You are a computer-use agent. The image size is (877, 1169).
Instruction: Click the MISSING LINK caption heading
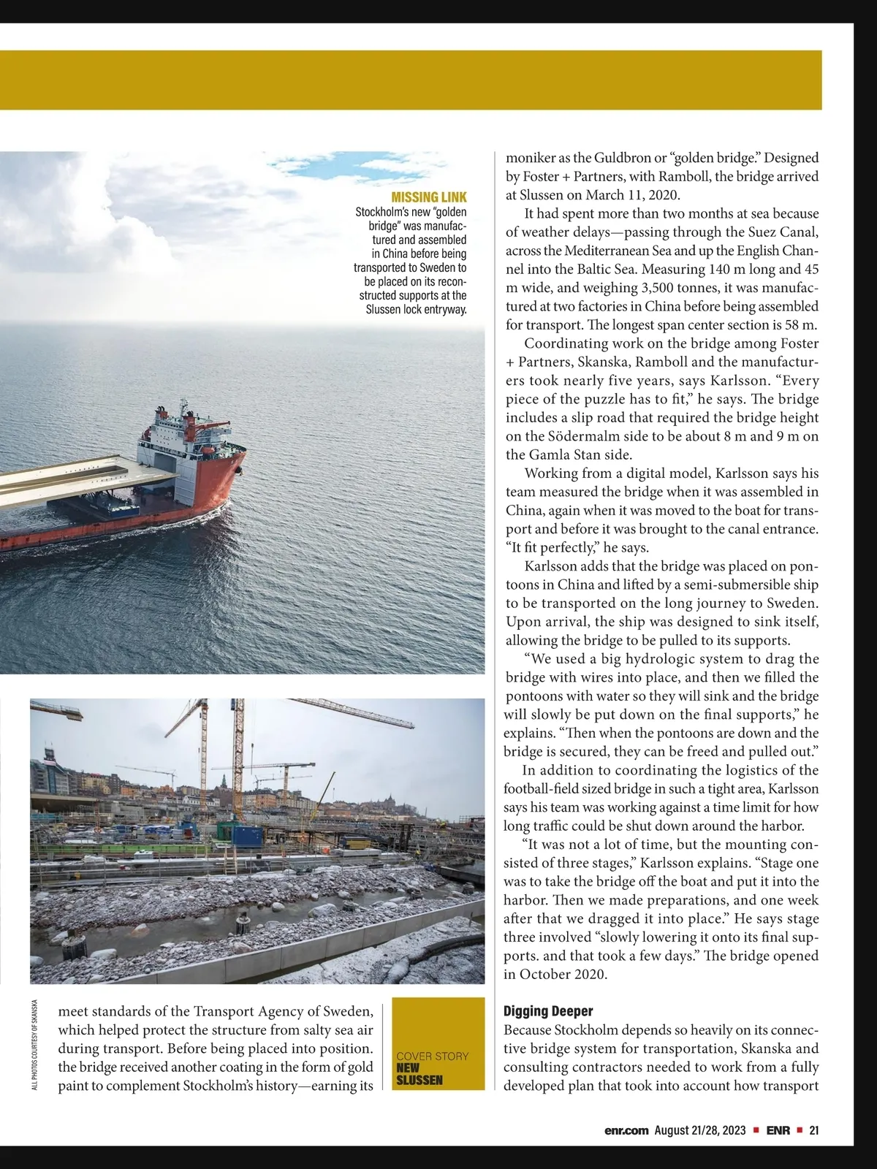pyautogui.click(x=429, y=197)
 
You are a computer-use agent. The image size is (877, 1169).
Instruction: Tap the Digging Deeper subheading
pyautogui.click(x=548, y=1011)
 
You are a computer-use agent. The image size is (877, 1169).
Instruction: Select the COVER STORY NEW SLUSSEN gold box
pyautogui.click(x=438, y=1043)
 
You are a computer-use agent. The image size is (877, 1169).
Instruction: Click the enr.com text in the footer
pyautogui.click(x=626, y=1130)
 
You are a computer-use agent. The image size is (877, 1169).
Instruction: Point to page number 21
pyautogui.click(x=813, y=1130)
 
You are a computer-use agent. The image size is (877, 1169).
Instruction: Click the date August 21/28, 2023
pyautogui.click(x=700, y=1130)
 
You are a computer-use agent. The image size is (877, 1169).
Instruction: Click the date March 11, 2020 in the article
pyautogui.click(x=634, y=195)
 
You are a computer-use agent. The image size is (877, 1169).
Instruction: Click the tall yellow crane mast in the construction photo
pyautogui.click(x=238, y=774)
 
